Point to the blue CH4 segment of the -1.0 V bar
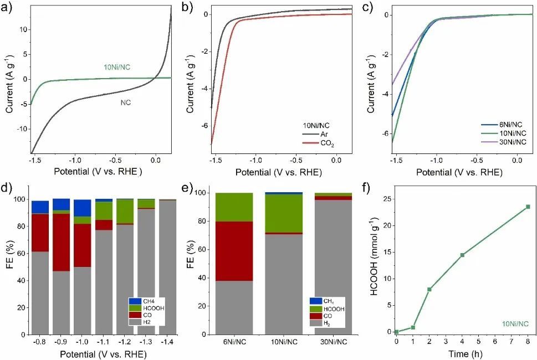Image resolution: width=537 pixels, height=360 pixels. (83, 208)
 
